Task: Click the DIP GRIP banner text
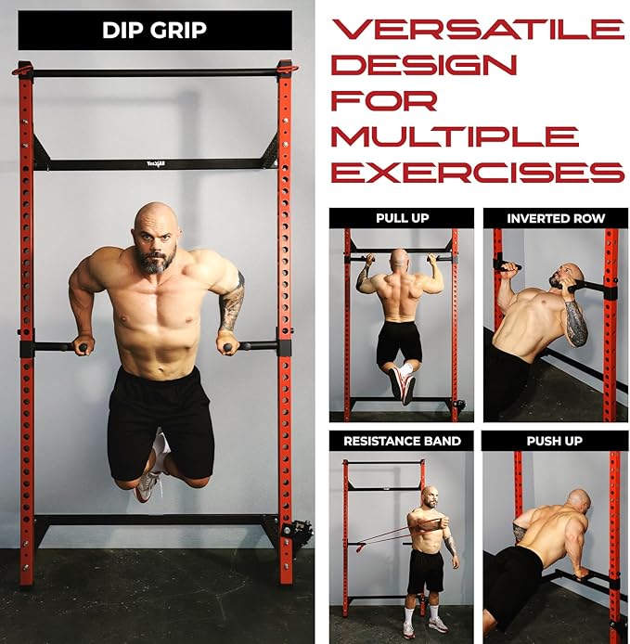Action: pyautogui.click(x=154, y=30)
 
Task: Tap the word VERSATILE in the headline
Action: pyautogui.click(x=479, y=29)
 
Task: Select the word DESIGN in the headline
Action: pyautogui.click(x=424, y=65)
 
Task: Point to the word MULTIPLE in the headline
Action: pyautogui.click(x=455, y=136)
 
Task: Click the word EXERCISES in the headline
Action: pyautogui.click(x=478, y=172)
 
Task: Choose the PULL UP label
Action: pyautogui.click(x=403, y=218)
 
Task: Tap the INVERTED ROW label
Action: pyautogui.click(x=556, y=218)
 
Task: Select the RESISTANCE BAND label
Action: pyautogui.click(x=402, y=441)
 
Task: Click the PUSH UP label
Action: pyautogui.click(x=555, y=441)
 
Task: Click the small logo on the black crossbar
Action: pyautogui.click(x=156, y=164)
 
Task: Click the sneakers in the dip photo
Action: pyautogui.click(x=149, y=485)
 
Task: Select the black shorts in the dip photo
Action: pyautogui.click(x=161, y=424)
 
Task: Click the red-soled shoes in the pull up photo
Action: pyautogui.click(x=402, y=385)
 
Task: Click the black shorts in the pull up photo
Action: pyautogui.click(x=399, y=343)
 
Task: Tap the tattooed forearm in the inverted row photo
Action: pyautogui.click(x=576, y=323)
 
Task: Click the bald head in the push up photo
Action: pyautogui.click(x=578, y=501)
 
